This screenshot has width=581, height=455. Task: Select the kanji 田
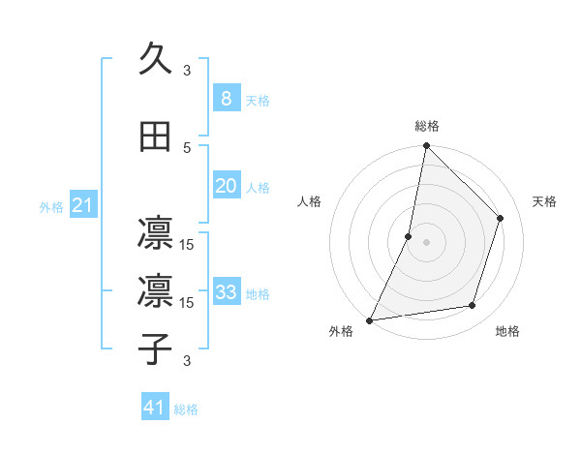155,136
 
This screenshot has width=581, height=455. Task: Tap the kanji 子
155,348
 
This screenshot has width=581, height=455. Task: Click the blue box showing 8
226,98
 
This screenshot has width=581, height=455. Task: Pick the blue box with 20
226,186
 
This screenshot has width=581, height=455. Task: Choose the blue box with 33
226,292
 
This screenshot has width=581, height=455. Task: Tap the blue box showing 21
82,205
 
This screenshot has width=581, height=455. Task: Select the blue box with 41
155,408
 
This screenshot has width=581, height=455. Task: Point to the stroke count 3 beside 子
188,361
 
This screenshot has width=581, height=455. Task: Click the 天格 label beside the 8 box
258,100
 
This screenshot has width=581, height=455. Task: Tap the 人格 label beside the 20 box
258,188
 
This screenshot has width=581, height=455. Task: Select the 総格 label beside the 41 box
186,409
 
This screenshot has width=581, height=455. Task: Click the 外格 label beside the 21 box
51,207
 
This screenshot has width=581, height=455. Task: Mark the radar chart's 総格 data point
426,145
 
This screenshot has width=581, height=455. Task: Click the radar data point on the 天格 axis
501,218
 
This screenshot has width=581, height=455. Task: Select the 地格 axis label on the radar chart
507,331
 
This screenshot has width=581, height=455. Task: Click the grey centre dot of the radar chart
426,242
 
